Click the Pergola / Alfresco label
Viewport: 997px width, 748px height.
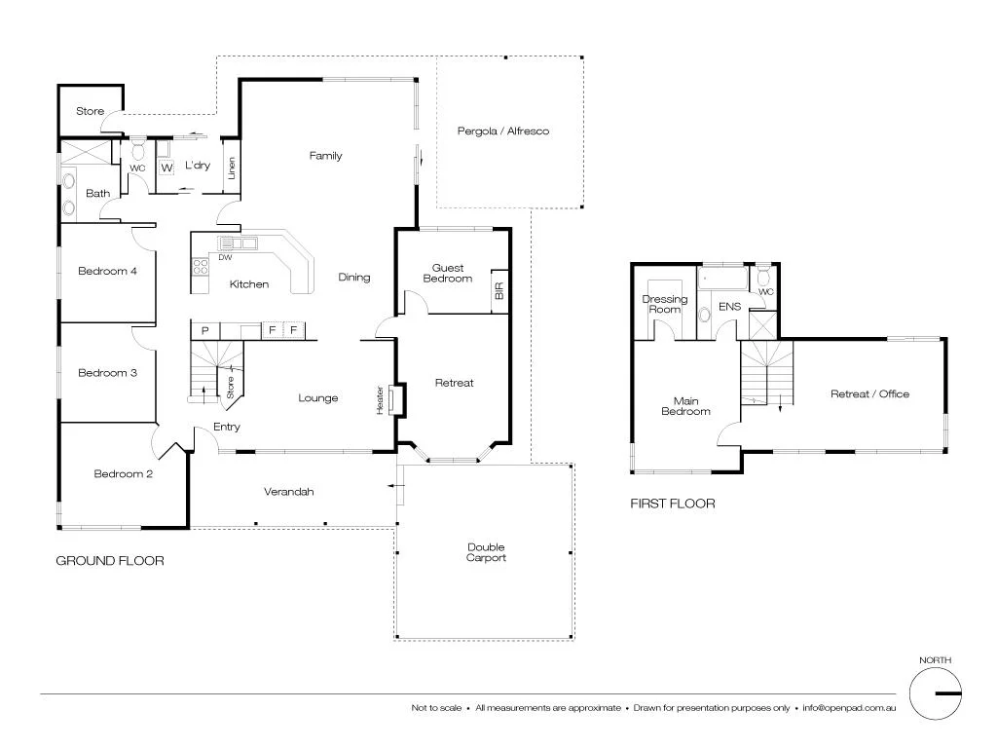tap(503, 131)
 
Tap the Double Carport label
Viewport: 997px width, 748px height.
tap(486, 552)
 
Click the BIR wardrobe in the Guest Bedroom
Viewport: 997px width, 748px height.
tap(499, 291)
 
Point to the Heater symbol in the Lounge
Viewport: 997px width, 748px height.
tap(394, 400)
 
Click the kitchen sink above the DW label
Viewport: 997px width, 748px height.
tap(237, 243)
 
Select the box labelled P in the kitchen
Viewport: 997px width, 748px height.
tap(204, 331)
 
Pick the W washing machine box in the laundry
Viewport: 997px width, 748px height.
tap(166, 168)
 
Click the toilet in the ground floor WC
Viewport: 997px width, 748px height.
tap(138, 152)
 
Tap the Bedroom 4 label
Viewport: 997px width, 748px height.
tap(107, 271)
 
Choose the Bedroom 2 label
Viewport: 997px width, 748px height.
tap(123, 474)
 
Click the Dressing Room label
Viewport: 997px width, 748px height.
tap(665, 304)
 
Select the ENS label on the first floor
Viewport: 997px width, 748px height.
tap(729, 306)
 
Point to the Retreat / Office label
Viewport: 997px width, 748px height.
tap(869, 393)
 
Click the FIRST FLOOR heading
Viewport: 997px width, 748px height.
tap(672, 504)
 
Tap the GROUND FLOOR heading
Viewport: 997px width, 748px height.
tap(109, 560)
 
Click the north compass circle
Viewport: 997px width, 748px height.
tap(935, 694)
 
